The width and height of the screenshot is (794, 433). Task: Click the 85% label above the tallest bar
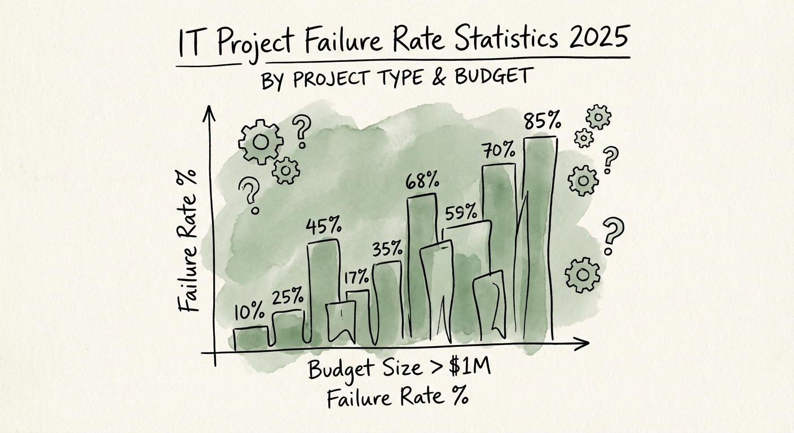click(x=542, y=121)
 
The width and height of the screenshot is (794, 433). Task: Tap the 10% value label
click(x=249, y=311)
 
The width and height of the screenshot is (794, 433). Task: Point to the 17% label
click(x=356, y=277)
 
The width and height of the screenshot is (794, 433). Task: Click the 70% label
click(x=498, y=151)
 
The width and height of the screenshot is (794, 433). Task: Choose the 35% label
click(x=387, y=248)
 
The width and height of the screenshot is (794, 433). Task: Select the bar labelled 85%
click(x=540, y=237)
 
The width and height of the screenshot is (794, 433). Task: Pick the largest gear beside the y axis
click(x=260, y=142)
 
